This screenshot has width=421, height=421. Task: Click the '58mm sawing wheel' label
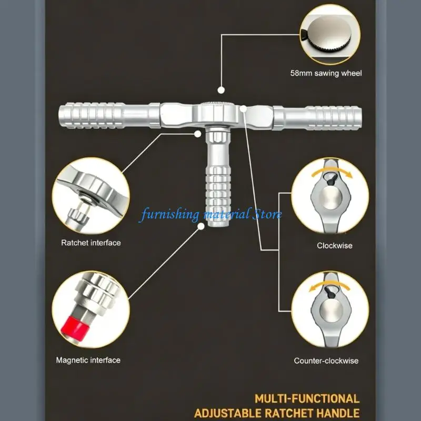[326, 73]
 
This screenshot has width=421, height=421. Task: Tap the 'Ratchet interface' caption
[91, 243]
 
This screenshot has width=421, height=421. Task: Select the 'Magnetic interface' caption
[88, 360]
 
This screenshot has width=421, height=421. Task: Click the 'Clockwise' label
[335, 245]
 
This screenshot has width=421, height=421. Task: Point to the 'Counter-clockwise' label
[326, 360]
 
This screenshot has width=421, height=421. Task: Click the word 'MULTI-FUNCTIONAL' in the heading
[307, 399]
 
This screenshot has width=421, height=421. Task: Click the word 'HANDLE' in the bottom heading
[338, 413]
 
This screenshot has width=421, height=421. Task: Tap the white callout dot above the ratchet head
[221, 90]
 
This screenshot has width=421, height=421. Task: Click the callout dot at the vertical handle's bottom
[201, 226]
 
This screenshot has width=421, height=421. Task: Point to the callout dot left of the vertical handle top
[198, 134]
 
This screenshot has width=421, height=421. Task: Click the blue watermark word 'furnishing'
[169, 215]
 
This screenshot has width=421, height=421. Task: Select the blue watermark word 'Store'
[267, 214]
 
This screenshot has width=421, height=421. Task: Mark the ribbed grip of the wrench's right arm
[334, 118]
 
